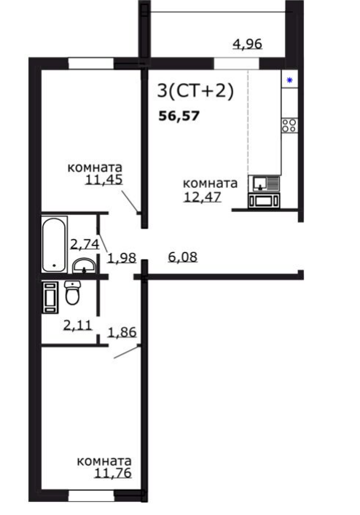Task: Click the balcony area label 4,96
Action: coord(247,44)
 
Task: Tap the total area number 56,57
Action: coord(179,116)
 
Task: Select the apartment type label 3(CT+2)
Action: coord(196,90)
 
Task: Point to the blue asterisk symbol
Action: coord(289,80)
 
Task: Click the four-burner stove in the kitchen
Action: coord(289,125)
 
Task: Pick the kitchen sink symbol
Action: coord(264,184)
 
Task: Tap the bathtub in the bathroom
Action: coord(54,244)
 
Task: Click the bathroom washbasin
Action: coord(84,266)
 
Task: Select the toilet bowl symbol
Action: coord(72,293)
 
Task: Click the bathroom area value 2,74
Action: coord(85,244)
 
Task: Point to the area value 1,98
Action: coord(122,258)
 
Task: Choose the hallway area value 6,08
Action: coord(183,256)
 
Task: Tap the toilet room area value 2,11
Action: coord(78,325)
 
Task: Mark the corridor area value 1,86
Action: coord(122,332)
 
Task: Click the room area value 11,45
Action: coord(103,180)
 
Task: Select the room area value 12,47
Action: coord(203,197)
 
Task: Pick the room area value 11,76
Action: coord(113,473)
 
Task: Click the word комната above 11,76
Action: coord(104,461)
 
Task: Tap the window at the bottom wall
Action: coord(91,495)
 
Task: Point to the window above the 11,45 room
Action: coord(91,63)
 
